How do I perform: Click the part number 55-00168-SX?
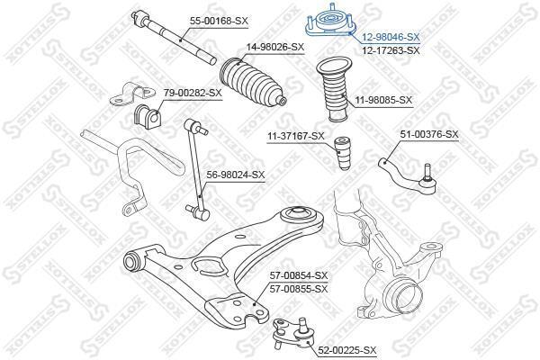point(219,21)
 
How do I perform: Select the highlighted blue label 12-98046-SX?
point(391,37)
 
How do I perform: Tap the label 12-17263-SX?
point(391,50)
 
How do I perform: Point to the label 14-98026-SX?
point(274,47)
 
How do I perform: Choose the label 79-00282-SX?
point(193,93)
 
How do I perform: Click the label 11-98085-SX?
point(383,100)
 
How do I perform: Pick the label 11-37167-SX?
point(296,136)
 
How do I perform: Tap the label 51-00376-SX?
point(429,134)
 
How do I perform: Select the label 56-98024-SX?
point(236,175)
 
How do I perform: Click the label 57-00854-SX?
point(299,275)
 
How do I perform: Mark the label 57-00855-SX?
point(299,289)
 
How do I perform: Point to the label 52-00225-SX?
point(347,350)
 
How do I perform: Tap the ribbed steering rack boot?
point(252,83)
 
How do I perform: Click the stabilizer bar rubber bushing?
point(147,116)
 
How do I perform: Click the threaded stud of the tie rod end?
point(427,171)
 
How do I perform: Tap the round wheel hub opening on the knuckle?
point(407,294)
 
